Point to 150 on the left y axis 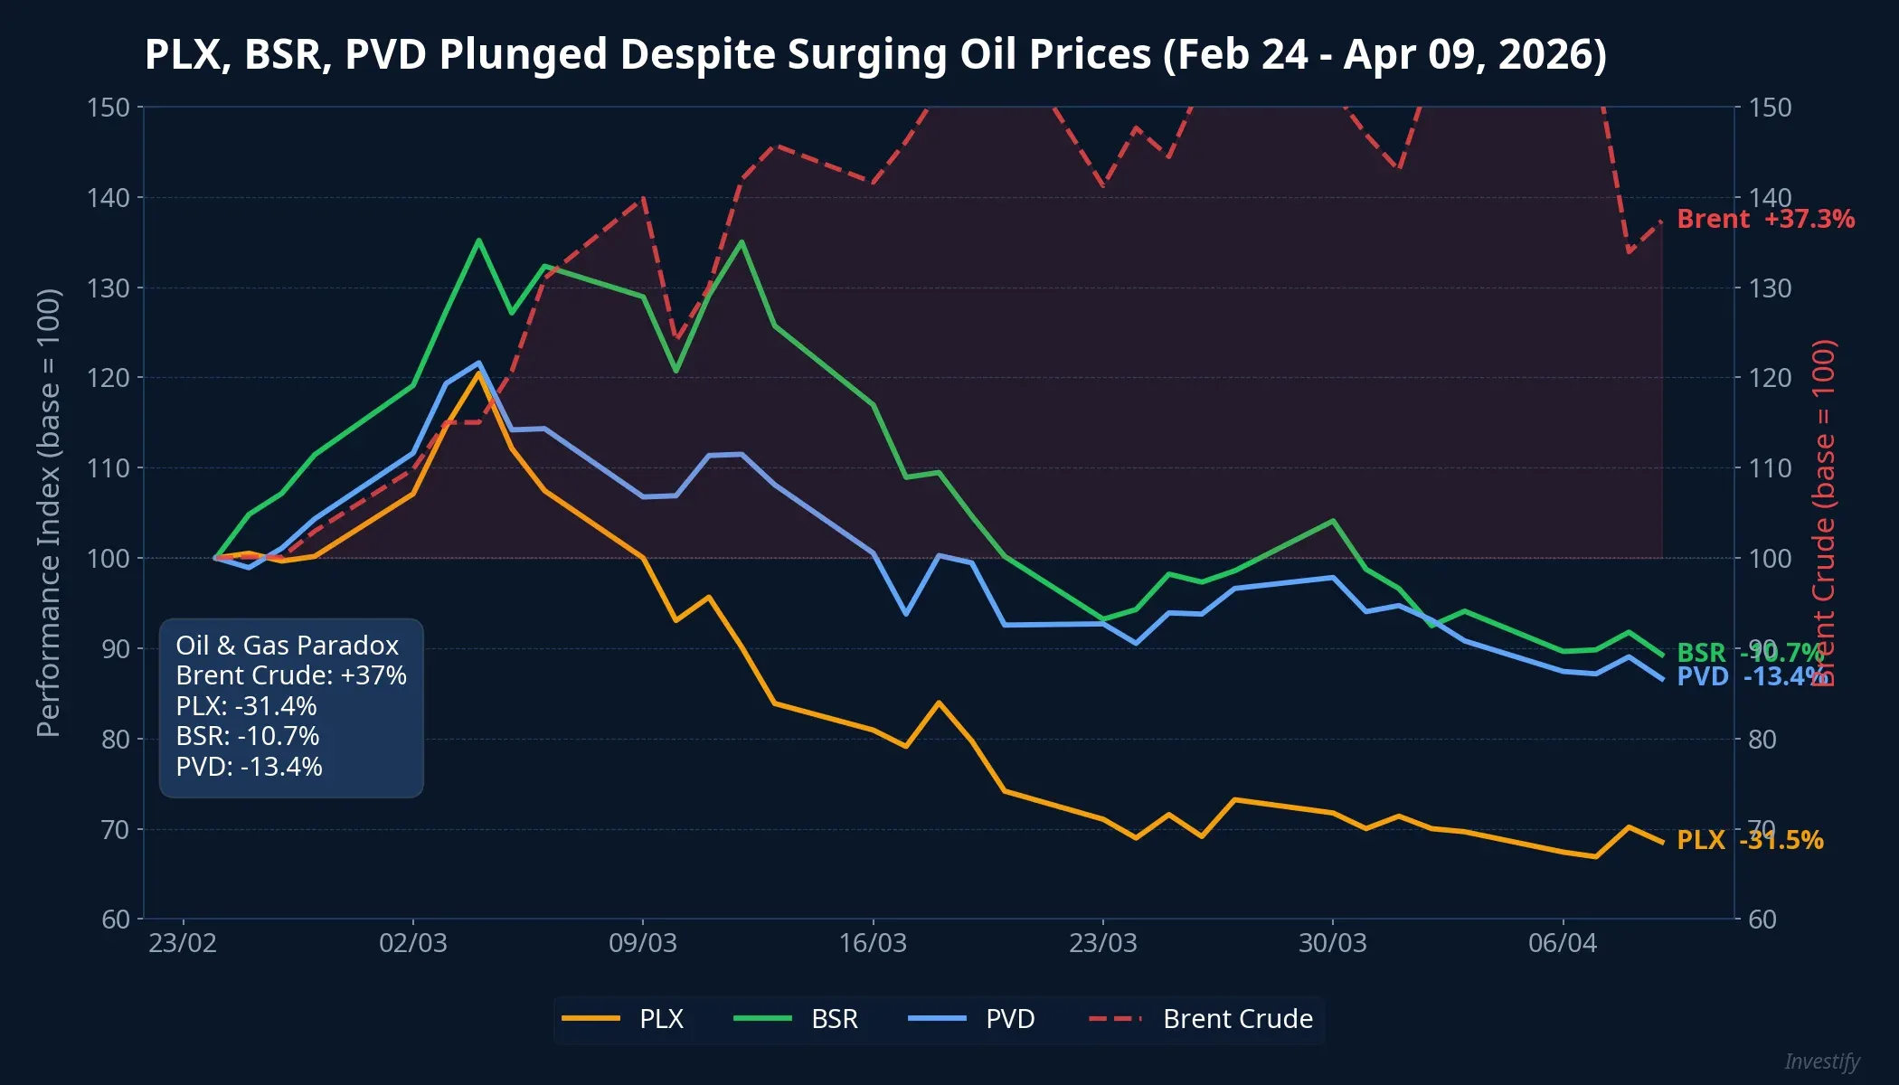[109, 108]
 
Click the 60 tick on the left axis [116, 920]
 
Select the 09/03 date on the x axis [642, 943]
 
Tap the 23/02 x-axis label [183, 943]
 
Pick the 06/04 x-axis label [1562, 943]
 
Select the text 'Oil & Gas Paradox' [287, 646]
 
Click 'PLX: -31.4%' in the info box [246, 706]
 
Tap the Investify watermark [1821, 1061]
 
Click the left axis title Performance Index [48, 512]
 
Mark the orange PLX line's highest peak [478, 373]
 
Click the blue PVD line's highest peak [478, 363]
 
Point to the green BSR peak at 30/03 [1333, 521]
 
